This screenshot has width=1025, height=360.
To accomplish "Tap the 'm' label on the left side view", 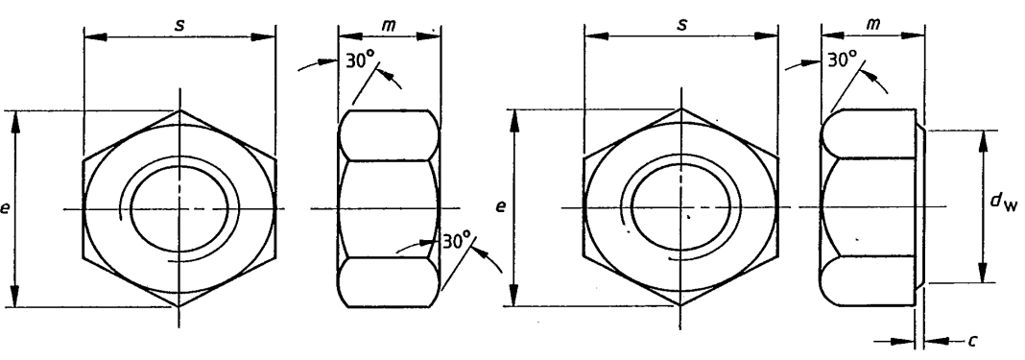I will tap(389, 23).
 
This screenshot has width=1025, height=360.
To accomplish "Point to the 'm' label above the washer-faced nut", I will tap(871, 23).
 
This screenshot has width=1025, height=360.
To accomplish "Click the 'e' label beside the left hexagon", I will tap(7, 207).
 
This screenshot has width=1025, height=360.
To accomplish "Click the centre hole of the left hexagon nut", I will tap(179, 207).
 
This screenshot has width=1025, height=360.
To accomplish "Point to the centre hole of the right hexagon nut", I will tap(680, 207).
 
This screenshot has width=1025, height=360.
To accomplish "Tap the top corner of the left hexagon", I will tap(179, 109).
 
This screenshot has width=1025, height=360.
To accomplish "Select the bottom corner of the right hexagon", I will tap(680, 306).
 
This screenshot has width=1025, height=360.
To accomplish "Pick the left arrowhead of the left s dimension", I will tap(90, 38).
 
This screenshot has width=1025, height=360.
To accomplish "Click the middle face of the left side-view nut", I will tap(389, 207).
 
